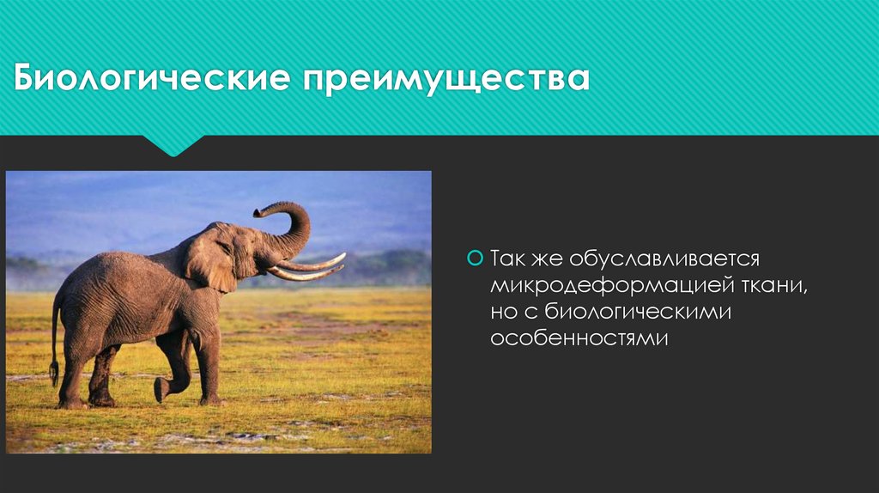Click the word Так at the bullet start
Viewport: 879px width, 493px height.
506,259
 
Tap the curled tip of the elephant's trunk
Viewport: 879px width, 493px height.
259,211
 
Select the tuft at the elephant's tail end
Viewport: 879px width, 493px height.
54,371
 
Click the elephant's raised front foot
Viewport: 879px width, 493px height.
161,389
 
